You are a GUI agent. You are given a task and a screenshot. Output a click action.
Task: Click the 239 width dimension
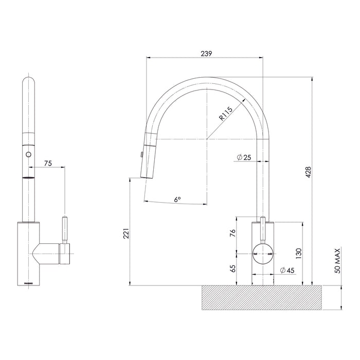coord(205,53)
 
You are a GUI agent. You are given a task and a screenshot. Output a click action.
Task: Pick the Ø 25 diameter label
coord(243,157)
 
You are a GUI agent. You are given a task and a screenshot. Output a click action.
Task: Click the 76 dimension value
coord(232,234)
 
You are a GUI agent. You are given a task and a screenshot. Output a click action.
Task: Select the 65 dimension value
coord(232,268)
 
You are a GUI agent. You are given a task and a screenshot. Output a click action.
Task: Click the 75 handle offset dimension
coord(48,164)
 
